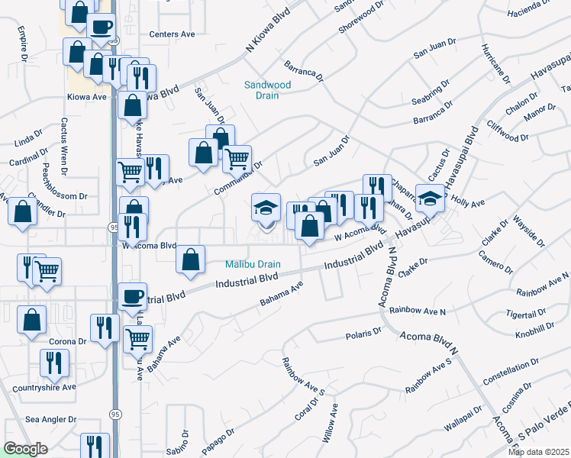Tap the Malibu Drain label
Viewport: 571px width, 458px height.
(253, 265)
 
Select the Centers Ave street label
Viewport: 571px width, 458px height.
(172, 34)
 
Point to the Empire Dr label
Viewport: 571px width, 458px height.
(24, 46)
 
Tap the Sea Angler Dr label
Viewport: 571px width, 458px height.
(51, 419)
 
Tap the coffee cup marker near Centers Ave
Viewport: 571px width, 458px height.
(102, 27)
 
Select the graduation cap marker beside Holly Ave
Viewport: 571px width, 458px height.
(430, 197)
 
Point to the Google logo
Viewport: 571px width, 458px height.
(25, 449)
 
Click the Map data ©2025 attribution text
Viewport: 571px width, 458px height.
(537, 452)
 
